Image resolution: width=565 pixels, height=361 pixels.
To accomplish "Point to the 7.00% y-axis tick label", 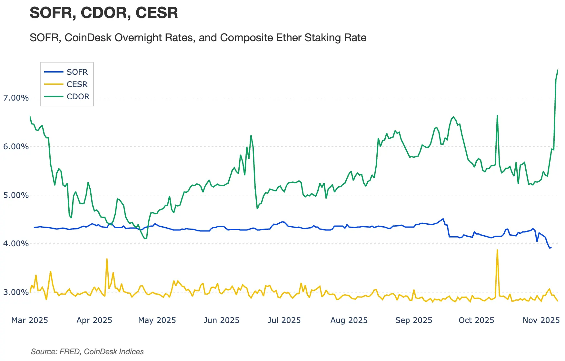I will point(16,98).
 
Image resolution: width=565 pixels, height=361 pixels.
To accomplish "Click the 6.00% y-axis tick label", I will point(16,147).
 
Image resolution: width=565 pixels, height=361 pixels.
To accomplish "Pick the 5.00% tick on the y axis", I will point(16,195).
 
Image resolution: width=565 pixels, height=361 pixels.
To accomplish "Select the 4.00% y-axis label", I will point(16,244).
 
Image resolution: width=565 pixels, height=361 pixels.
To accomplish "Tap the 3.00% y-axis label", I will point(16,292).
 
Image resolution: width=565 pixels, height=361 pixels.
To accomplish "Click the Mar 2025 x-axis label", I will point(30,320).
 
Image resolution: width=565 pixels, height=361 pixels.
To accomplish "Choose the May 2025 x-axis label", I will point(157,320).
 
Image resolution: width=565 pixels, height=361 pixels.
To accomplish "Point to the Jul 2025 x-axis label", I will point(284,320).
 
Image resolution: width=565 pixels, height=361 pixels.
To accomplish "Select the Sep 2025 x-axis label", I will point(414,320).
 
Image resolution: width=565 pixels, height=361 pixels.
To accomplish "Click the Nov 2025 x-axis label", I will point(541,320).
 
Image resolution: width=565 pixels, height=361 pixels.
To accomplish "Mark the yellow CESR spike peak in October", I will point(497,250).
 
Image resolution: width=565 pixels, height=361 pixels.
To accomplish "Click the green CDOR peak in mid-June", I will point(251,135).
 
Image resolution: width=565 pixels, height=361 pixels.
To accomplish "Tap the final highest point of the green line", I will point(558,70).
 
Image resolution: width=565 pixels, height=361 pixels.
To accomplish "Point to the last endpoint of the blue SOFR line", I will point(551,248).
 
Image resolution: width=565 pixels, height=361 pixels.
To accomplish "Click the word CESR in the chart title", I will point(157,13).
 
